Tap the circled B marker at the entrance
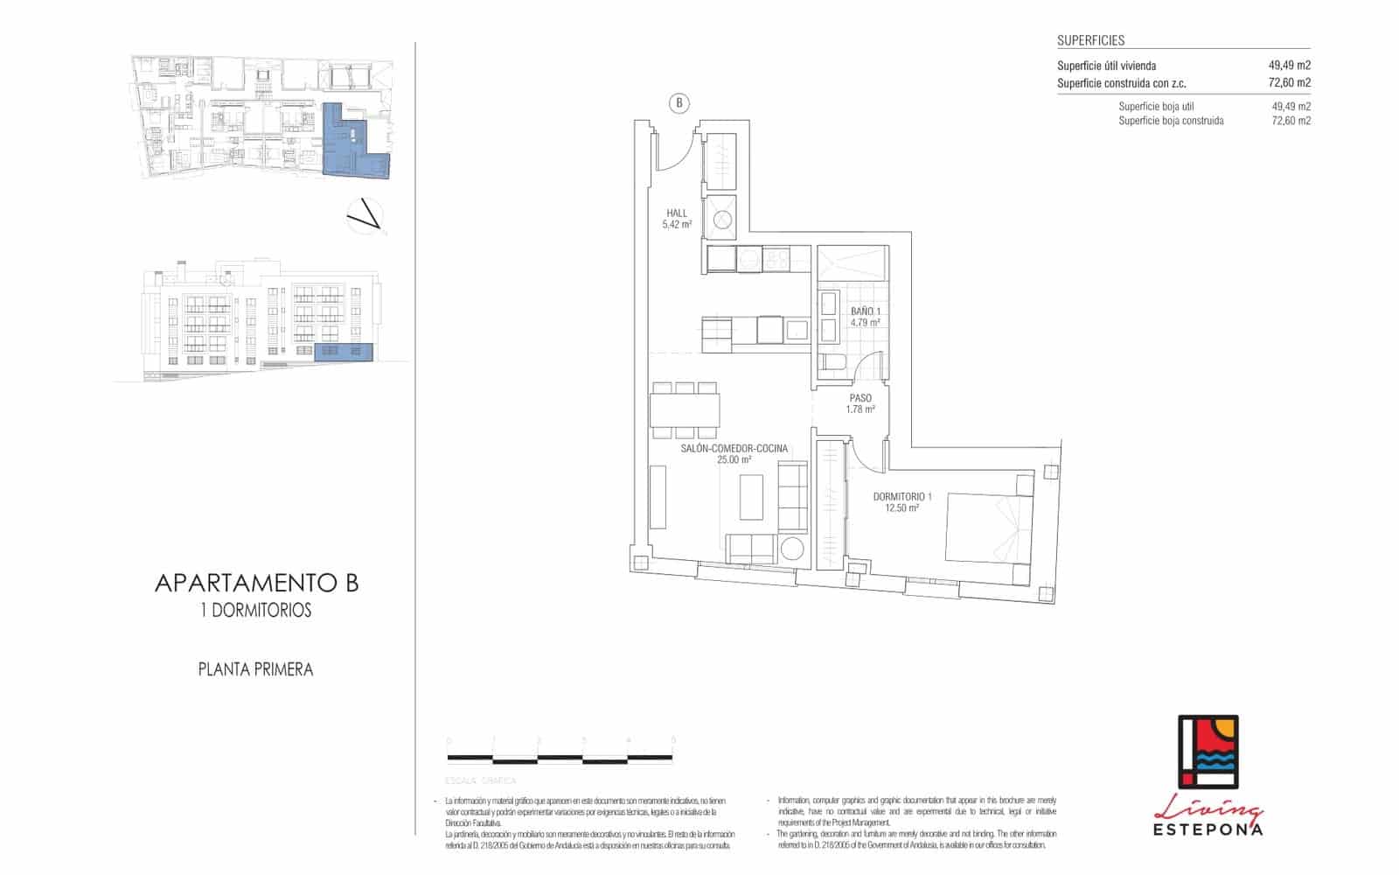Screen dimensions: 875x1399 pyautogui.click(x=679, y=103)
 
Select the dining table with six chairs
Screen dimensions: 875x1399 pyautogui.click(x=685, y=409)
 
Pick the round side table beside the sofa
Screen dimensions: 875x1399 pyautogui.click(x=793, y=550)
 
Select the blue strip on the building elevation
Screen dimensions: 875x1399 pyautogui.click(x=343, y=352)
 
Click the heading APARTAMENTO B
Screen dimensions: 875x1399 pyautogui.click(x=256, y=584)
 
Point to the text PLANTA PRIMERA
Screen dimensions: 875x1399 pyautogui.click(x=255, y=669)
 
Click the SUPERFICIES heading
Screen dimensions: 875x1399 pyautogui.click(x=1090, y=40)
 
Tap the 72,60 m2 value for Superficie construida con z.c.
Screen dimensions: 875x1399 pyautogui.click(x=1289, y=83)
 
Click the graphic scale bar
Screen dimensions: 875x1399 pyautogui.click(x=560, y=757)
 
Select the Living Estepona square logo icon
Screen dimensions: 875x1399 pyautogui.click(x=1208, y=752)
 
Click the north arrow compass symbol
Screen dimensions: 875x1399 pyautogui.click(x=365, y=215)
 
